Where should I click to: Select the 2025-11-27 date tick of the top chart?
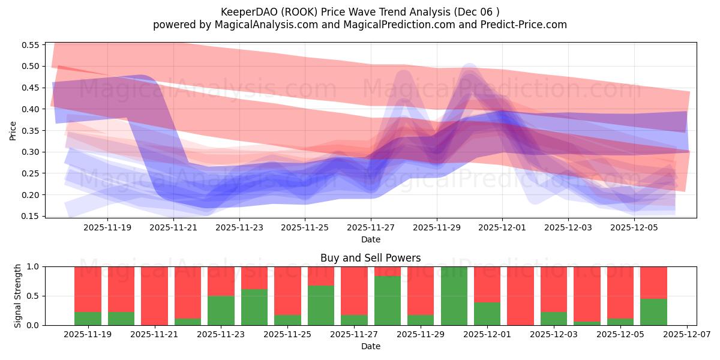(x=371, y=228)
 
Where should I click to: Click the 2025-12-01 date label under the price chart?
(x=503, y=228)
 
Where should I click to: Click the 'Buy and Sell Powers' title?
(x=370, y=259)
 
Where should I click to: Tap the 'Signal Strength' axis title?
(x=19, y=296)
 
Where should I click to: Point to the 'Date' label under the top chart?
(x=370, y=239)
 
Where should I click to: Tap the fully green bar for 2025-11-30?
(x=454, y=296)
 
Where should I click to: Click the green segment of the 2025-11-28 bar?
(x=388, y=301)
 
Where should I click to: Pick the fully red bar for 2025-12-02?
(x=520, y=296)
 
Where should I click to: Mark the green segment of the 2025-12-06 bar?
(x=653, y=312)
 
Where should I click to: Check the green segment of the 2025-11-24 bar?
(x=254, y=307)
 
